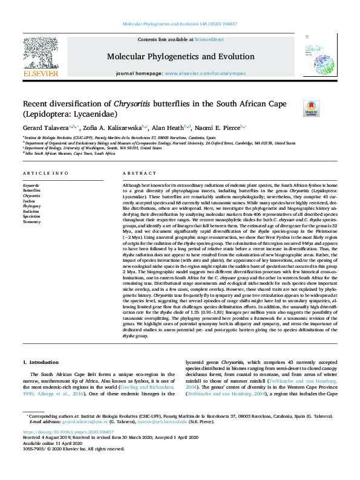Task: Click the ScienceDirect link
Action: point(209,39)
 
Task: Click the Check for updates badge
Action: point(311,109)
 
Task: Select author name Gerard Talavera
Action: point(45,128)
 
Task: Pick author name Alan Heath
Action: point(168,128)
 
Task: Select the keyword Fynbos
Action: point(30,201)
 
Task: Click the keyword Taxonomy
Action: point(31,222)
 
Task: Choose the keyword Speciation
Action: point(32,216)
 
